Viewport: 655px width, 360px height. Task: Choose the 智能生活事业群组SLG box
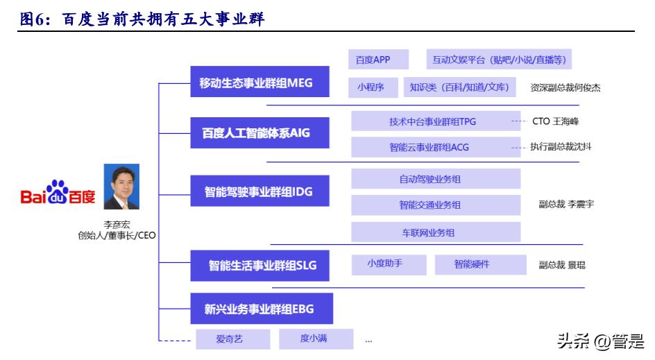pos(260,265)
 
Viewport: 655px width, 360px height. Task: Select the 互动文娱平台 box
pos(499,60)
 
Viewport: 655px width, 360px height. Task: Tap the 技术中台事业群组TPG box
pos(436,121)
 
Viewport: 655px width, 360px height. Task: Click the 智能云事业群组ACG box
pos(436,147)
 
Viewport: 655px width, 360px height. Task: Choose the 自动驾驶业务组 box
pos(436,179)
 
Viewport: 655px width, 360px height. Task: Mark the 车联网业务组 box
pos(436,232)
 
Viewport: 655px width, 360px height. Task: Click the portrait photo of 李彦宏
pos(121,187)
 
